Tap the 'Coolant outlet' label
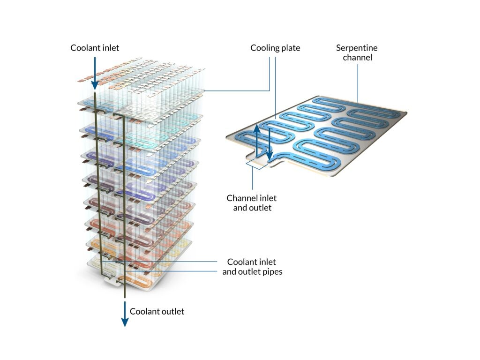(x=157, y=311)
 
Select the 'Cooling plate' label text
(x=275, y=48)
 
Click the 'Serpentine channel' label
(x=357, y=52)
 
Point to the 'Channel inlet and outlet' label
(x=252, y=202)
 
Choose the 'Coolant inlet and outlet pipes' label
(x=252, y=266)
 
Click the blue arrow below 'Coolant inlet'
(x=95, y=73)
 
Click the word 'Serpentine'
(x=357, y=48)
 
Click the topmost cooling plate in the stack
(x=141, y=105)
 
